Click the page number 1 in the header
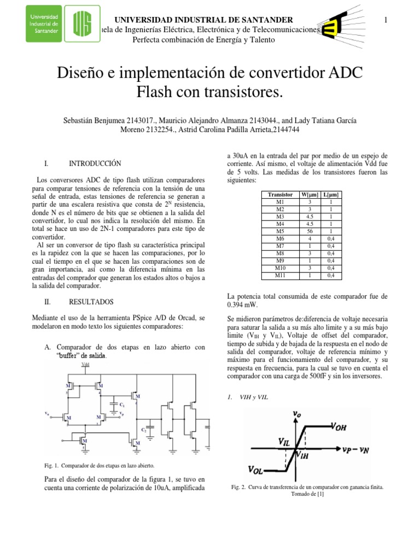click(x=386, y=20)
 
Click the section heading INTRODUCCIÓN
click(x=95, y=164)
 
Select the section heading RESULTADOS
click(x=91, y=301)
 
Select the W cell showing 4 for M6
click(x=310, y=239)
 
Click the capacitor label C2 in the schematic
click(x=144, y=430)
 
